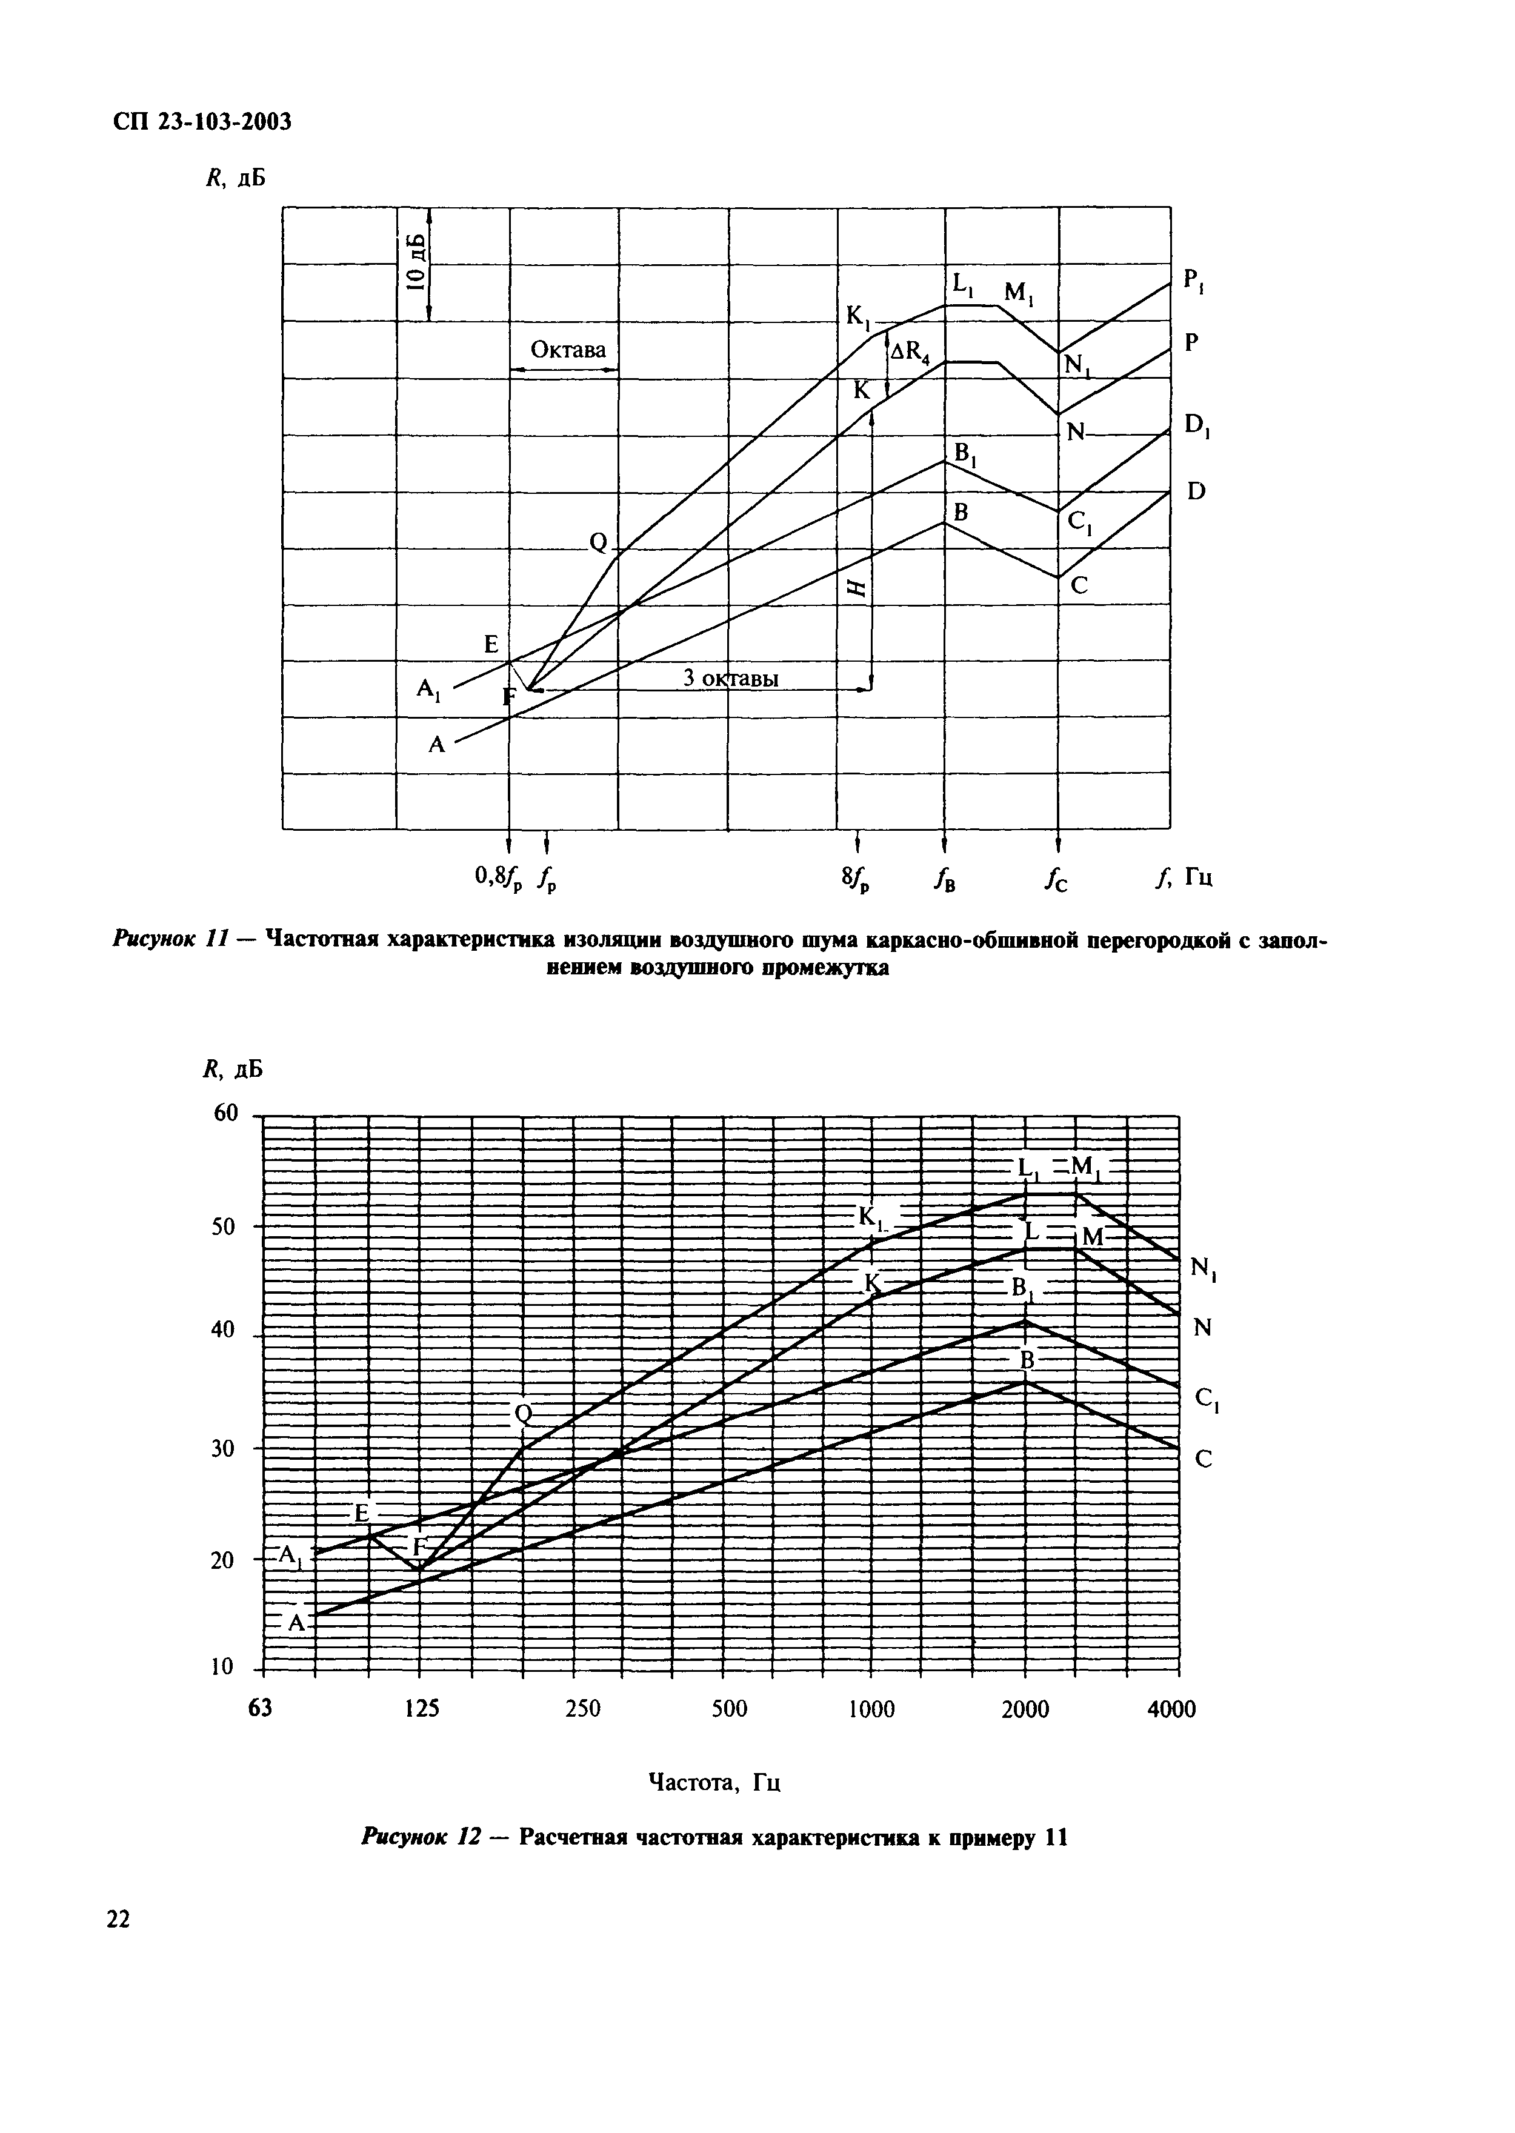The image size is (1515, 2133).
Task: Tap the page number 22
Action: [119, 1918]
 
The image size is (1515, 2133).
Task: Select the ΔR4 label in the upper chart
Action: [910, 351]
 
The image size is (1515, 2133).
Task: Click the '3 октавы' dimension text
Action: [730, 678]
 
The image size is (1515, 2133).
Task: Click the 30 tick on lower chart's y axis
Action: [227, 1448]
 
